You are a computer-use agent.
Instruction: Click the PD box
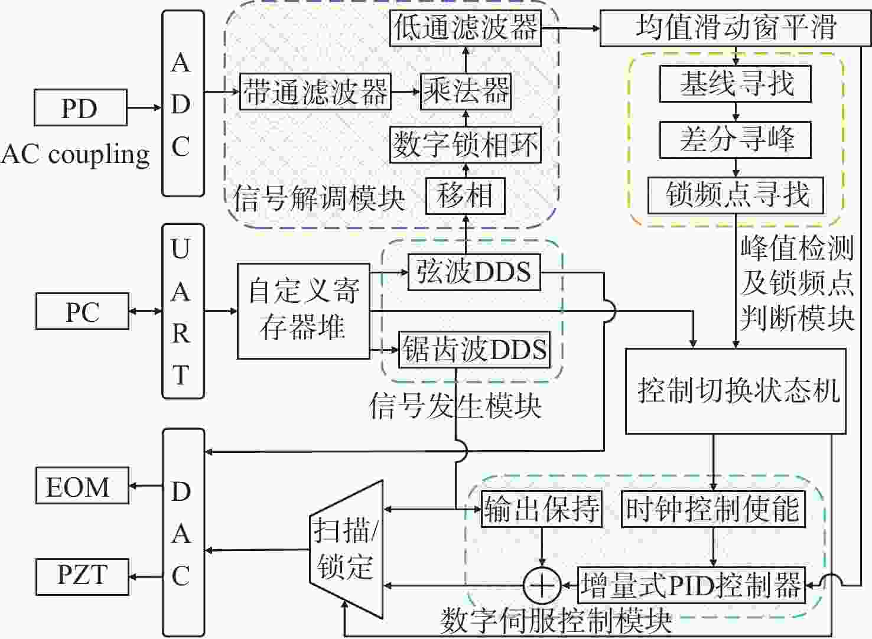(x=80, y=107)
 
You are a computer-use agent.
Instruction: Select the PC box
(x=82, y=312)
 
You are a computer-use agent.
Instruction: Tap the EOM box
(x=82, y=485)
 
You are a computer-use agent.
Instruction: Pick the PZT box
(x=82, y=577)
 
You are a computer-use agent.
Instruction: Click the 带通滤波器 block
(x=315, y=92)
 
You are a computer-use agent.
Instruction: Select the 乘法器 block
(x=466, y=92)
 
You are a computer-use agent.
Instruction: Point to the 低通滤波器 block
(x=466, y=28)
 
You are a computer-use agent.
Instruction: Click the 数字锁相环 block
(x=466, y=144)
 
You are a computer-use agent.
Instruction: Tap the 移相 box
(x=466, y=196)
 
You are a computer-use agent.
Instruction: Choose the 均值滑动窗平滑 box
(x=736, y=28)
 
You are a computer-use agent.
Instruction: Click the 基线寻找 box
(x=736, y=84)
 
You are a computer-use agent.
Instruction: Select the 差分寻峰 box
(x=736, y=140)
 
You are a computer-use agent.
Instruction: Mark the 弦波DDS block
(x=474, y=272)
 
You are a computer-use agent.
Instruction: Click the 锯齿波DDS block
(x=474, y=350)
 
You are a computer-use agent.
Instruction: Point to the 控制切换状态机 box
(x=736, y=391)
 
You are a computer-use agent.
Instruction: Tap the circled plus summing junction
(x=542, y=585)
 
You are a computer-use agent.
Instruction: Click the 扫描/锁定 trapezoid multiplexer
(x=346, y=549)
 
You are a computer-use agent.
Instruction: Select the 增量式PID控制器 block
(x=691, y=585)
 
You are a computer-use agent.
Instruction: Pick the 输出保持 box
(x=542, y=510)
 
